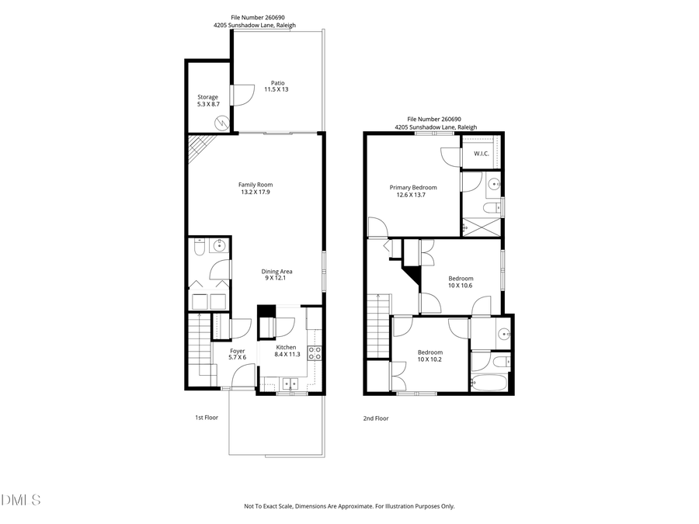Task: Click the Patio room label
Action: (277, 86)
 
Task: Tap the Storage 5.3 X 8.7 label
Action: (207, 100)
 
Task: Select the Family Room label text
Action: (254, 188)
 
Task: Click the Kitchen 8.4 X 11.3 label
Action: (286, 351)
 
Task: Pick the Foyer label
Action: (237, 354)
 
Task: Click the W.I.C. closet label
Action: (481, 154)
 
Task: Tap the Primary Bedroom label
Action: (412, 191)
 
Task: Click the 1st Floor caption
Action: (206, 418)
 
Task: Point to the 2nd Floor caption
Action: (375, 418)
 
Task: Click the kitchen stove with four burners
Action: (315, 352)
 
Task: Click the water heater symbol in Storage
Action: (222, 123)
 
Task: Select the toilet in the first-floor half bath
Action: (199, 248)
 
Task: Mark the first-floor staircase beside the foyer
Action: (198, 349)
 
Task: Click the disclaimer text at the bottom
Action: (349, 506)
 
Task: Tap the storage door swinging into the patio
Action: (242, 95)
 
